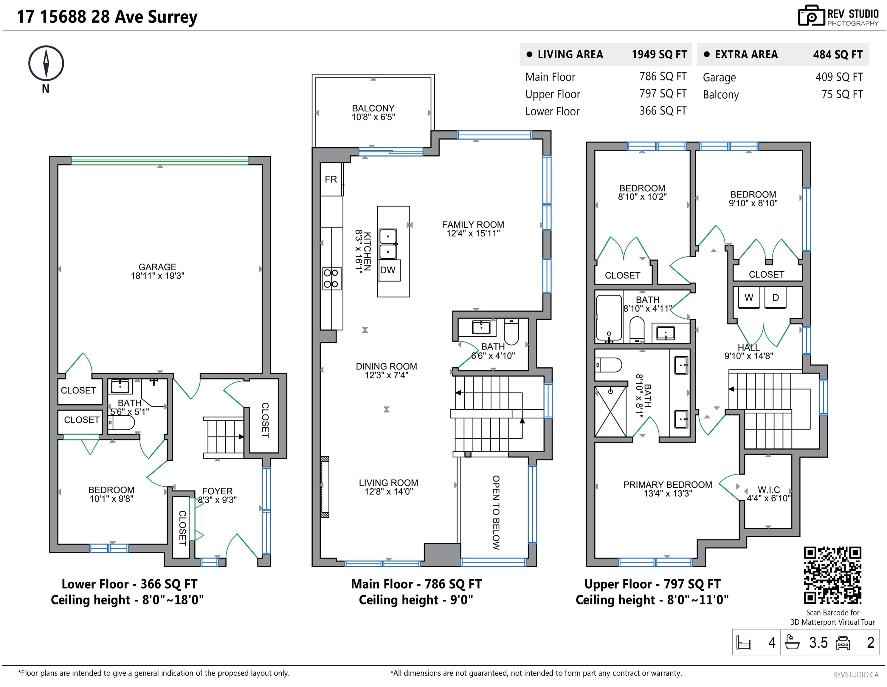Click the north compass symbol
point(46,64)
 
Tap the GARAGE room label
point(158,267)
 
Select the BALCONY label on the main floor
point(373,108)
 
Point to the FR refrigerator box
point(331,179)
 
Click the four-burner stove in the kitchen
point(331,278)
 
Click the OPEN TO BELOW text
point(496,513)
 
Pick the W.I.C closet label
point(769,490)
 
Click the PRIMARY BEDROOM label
point(668,485)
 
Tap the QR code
point(832,575)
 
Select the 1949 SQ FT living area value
point(659,55)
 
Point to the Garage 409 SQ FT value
point(839,77)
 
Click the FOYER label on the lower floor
point(217,491)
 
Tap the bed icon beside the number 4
point(744,642)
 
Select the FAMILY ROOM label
point(473,225)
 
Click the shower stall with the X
point(610,411)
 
